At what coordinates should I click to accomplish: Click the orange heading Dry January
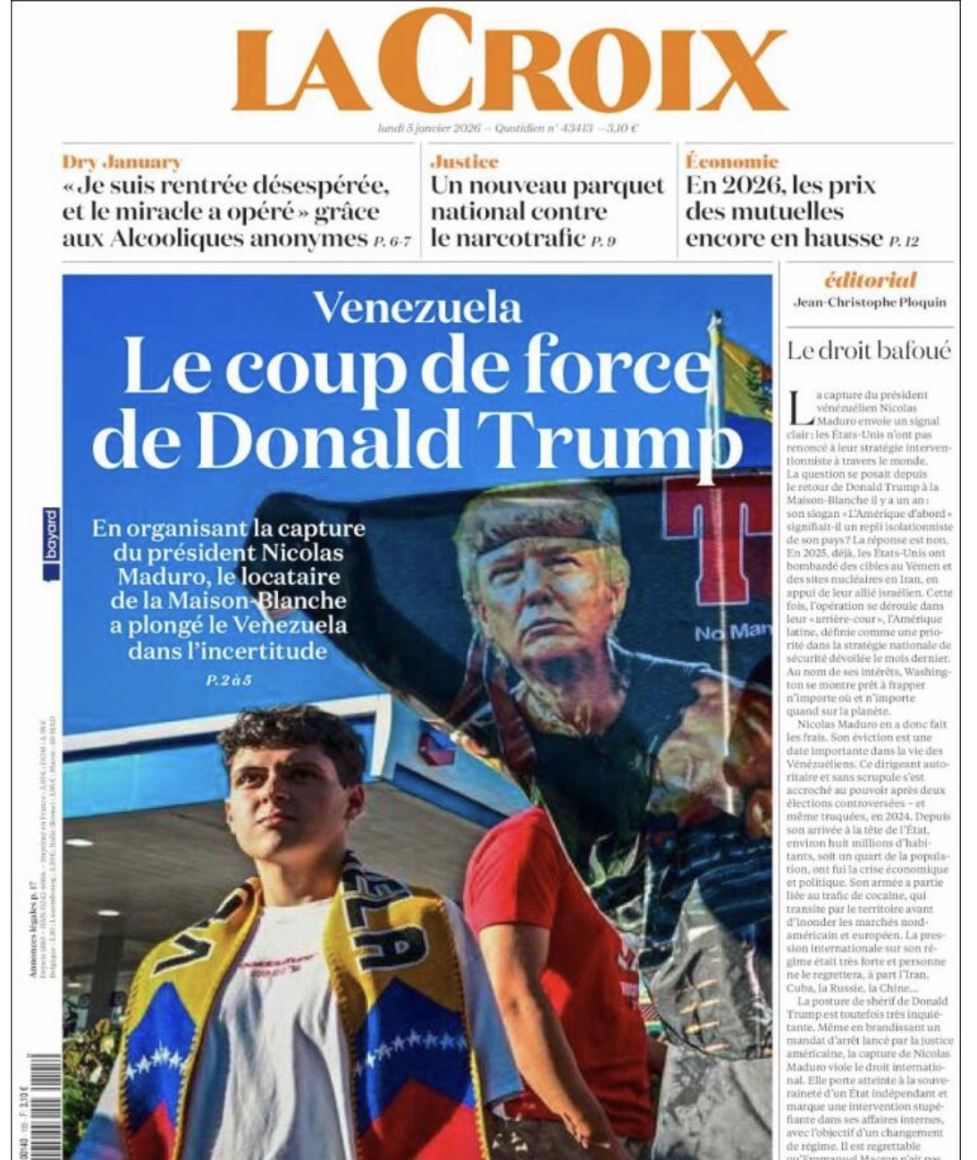point(122,162)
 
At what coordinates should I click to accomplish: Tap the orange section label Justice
point(464,162)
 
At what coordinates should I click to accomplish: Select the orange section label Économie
point(731,162)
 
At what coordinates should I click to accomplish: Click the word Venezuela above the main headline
point(417,308)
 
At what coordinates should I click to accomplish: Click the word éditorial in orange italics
point(870,279)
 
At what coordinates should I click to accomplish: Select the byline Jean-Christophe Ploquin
point(869,302)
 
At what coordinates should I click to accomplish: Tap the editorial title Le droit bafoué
point(869,351)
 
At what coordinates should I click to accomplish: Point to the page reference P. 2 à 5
point(229,681)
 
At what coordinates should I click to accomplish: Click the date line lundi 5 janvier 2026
point(430,128)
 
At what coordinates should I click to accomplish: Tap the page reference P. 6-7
point(392,241)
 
